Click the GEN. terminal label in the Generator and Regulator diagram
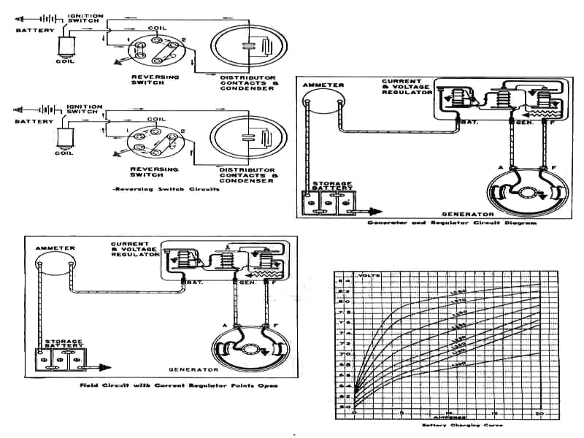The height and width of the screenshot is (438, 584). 523,122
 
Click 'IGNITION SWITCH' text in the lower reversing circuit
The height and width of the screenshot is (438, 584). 85,111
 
